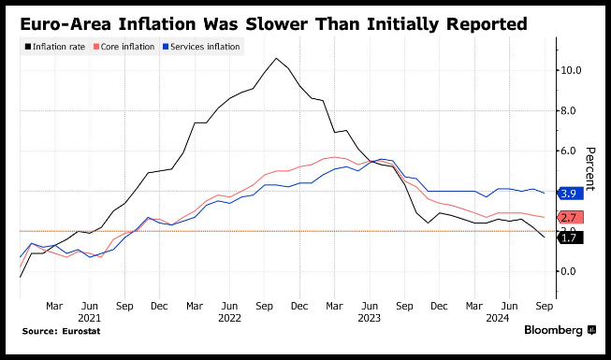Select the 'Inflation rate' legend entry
pyautogui.click(x=55, y=47)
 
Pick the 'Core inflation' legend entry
pyautogui.click(x=124, y=47)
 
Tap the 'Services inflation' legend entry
pyautogui.click(x=201, y=47)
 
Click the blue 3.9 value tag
pyautogui.click(x=571, y=194)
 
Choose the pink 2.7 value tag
pyautogui.click(x=571, y=217)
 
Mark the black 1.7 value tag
pyautogui.click(x=571, y=238)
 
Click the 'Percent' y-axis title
pyautogui.click(x=590, y=168)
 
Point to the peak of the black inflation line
pyautogui.click(x=276, y=58)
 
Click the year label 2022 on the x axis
pyautogui.click(x=229, y=318)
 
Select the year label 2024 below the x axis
pyautogui.click(x=498, y=318)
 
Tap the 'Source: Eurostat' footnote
pyautogui.click(x=61, y=331)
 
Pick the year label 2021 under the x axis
pyautogui.click(x=90, y=318)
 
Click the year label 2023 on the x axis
pyautogui.click(x=370, y=318)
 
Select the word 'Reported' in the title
pyautogui.click(x=487, y=25)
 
